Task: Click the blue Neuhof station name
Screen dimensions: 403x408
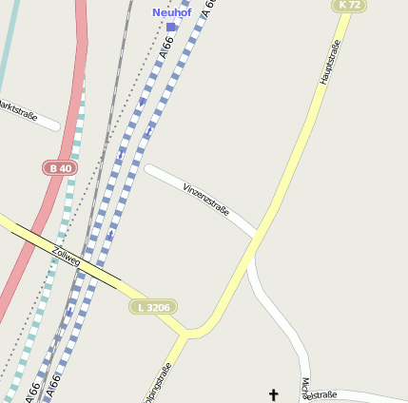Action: [x=171, y=12]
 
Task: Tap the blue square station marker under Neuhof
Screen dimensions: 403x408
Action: [x=171, y=27]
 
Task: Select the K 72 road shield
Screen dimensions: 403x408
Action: [x=348, y=6]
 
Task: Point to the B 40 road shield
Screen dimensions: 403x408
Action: [x=59, y=168]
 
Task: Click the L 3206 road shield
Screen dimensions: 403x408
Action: [x=153, y=307]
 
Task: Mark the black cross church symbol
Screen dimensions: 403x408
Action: [x=274, y=393]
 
